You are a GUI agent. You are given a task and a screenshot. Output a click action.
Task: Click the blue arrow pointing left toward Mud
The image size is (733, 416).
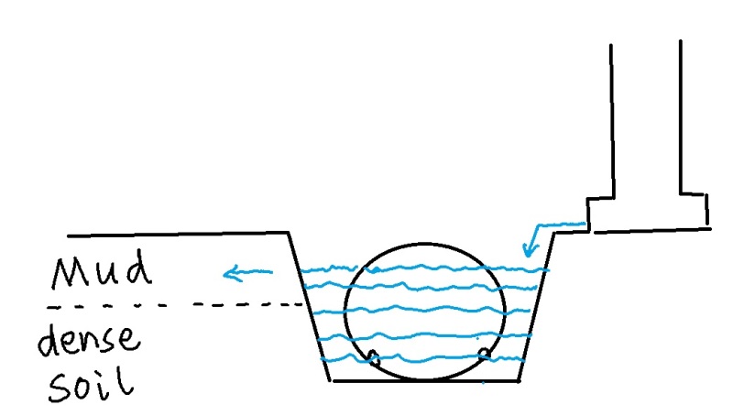247,271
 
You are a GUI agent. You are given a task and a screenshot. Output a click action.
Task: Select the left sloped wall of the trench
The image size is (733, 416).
309,307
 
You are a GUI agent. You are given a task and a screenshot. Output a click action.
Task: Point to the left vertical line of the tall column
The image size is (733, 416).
611,119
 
